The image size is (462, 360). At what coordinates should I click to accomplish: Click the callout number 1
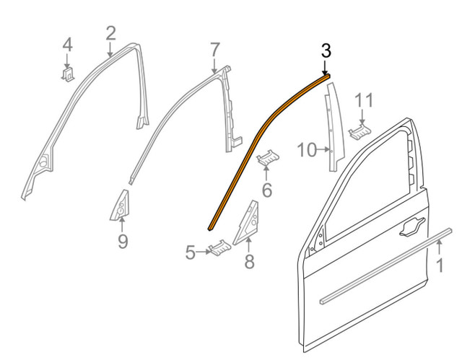coord(439,266)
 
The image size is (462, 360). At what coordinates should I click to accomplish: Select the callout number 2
coord(110,32)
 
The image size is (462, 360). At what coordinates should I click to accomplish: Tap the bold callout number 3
coord(326,51)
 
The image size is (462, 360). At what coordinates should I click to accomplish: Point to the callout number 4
coord(67,44)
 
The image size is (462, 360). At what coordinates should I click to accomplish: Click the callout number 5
coord(191,253)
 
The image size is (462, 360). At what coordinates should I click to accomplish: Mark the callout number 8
coord(249,262)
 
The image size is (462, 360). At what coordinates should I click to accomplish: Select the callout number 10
coord(306,151)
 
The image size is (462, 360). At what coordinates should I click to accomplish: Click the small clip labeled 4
coord(67,73)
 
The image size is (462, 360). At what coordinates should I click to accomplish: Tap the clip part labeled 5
coord(218,250)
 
